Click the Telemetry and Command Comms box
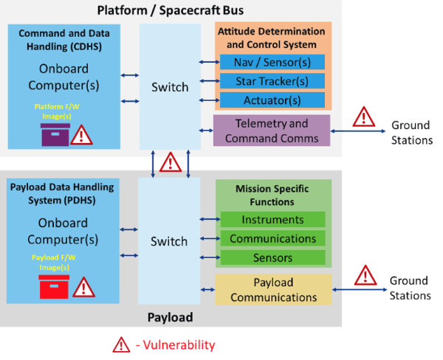[272, 131]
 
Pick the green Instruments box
[272, 220]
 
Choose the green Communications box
[272, 238]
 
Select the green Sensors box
[272, 257]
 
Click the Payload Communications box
[273, 290]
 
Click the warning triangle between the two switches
[171, 162]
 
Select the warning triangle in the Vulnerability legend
[120, 344]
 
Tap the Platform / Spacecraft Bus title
[170, 10]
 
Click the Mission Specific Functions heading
[273, 195]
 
